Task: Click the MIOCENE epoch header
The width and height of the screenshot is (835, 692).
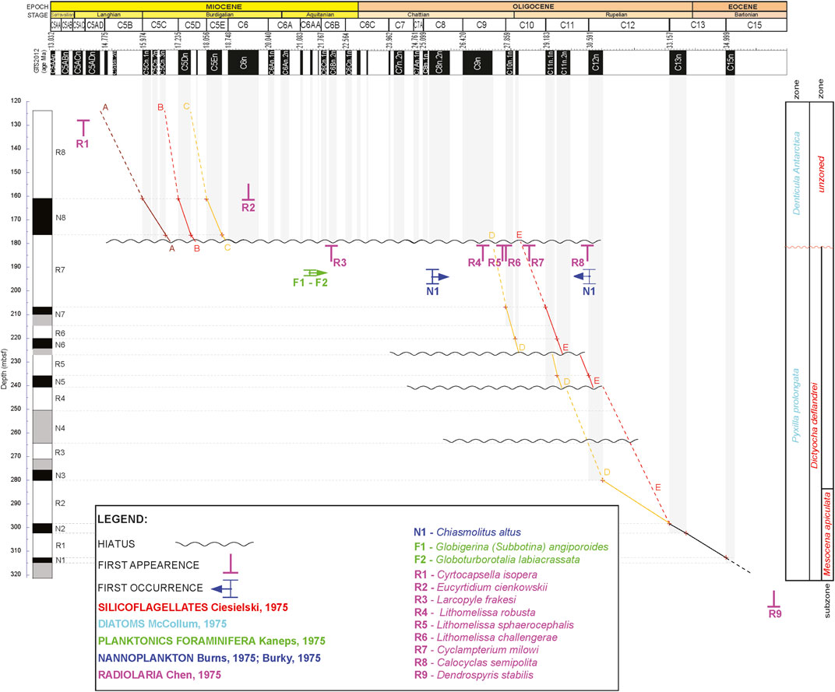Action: [x=204, y=5]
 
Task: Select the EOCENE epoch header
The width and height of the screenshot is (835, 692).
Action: [x=739, y=5]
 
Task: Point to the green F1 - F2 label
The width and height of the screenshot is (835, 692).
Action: [x=310, y=283]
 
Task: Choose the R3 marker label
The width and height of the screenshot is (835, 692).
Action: [x=340, y=263]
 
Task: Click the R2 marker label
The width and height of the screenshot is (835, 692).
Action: [x=248, y=207]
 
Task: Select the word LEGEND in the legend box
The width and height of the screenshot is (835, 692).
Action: [x=125, y=518]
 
